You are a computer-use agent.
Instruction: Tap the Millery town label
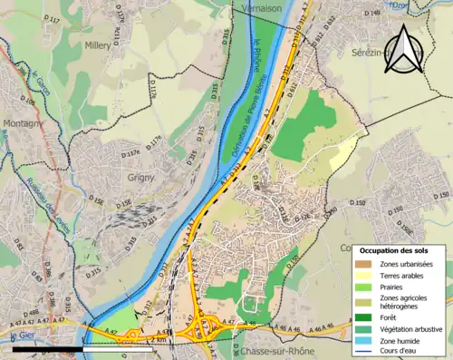click(96, 44)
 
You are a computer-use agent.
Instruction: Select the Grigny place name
click(142, 178)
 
